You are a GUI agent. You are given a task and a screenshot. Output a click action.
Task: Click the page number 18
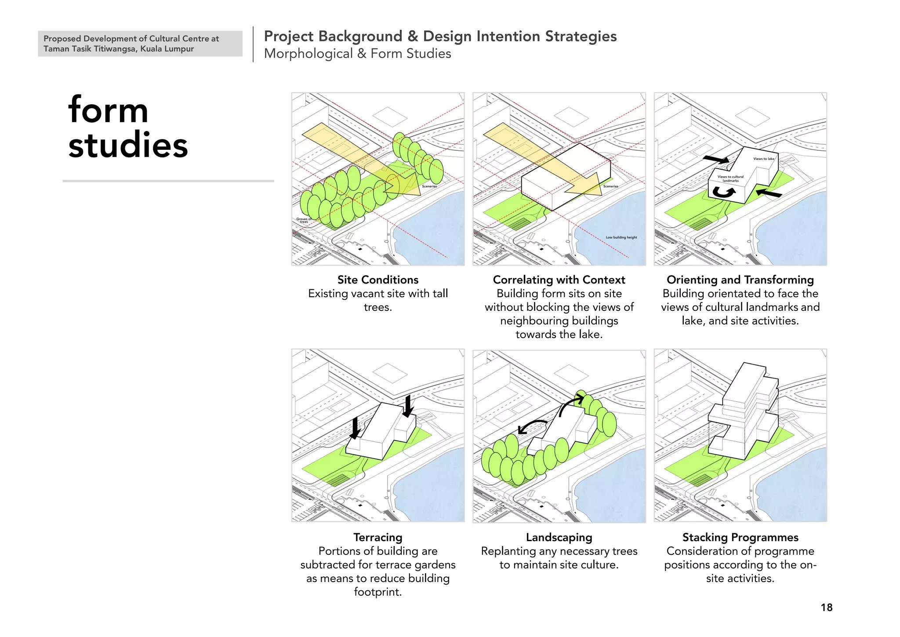point(826,608)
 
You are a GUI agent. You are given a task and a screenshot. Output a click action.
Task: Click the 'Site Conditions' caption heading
point(378,280)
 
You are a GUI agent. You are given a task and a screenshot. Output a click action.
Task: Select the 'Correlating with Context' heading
point(559,280)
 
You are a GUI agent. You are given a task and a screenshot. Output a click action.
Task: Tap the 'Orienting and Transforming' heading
point(740,280)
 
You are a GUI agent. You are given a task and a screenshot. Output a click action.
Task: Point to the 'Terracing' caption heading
point(378,537)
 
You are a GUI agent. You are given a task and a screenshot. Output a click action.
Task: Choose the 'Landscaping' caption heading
point(559,537)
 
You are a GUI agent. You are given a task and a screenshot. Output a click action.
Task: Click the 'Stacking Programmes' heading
point(740,537)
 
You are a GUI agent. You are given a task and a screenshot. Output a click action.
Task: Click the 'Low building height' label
point(621,237)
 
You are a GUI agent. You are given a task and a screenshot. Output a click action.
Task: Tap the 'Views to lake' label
point(763,159)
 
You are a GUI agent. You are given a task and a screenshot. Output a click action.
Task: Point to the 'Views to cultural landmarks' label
point(730,178)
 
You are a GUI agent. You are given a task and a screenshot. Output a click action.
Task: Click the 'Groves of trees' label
point(304,220)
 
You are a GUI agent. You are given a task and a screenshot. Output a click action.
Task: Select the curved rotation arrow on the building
point(723,192)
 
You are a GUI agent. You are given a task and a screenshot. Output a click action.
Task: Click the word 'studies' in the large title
point(128,145)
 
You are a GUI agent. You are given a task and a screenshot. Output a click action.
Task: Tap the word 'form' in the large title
point(108,110)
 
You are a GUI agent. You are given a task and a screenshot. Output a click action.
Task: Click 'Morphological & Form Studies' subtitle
point(357,54)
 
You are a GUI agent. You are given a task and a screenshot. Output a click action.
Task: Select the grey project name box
point(140,44)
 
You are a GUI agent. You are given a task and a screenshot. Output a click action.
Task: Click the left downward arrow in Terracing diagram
point(355,429)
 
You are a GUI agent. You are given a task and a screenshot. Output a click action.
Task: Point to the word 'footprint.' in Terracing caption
point(378,592)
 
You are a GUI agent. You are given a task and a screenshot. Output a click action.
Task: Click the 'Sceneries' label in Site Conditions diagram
point(429,186)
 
